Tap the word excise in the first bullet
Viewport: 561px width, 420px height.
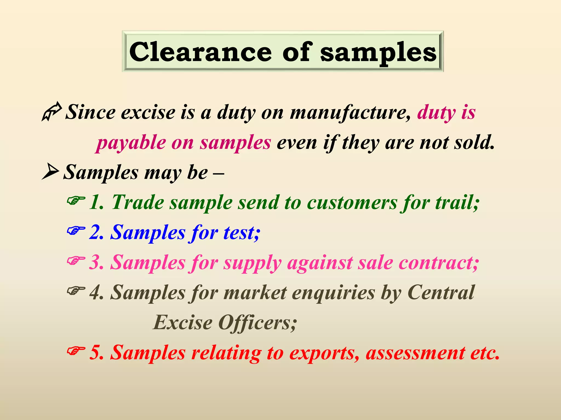[148, 112]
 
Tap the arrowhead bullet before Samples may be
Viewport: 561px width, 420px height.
[50, 171]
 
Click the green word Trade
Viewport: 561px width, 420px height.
[138, 202]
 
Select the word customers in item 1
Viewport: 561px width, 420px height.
[352, 203]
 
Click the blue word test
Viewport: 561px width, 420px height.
[241, 233]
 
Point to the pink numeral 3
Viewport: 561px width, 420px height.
[96, 263]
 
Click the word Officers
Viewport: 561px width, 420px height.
[257, 323]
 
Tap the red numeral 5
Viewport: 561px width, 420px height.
[96, 353]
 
